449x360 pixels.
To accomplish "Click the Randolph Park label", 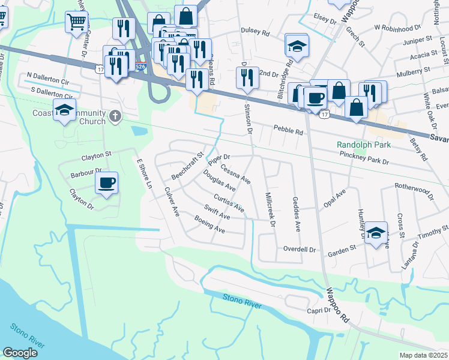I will tap(364, 145).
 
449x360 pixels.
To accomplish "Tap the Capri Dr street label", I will tap(319, 310).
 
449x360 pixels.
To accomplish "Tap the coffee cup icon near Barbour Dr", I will tap(107, 182).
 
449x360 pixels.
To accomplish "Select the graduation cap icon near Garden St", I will tap(376, 233).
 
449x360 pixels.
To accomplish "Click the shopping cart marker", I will tap(77, 22).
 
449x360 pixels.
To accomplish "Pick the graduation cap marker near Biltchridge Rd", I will tap(297, 44).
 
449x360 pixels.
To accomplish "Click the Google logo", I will tap(20, 353).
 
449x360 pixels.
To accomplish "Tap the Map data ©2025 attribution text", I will tap(424, 355).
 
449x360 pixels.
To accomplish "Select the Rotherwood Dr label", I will tap(414, 190).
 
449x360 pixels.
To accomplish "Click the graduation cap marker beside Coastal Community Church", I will tap(64, 110).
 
